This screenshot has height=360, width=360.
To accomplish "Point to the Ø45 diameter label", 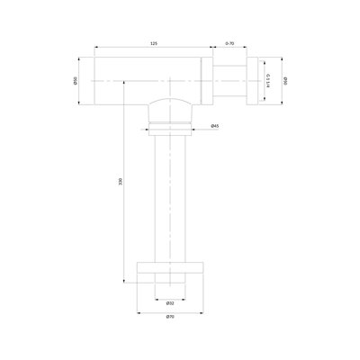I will tap(216, 125).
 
